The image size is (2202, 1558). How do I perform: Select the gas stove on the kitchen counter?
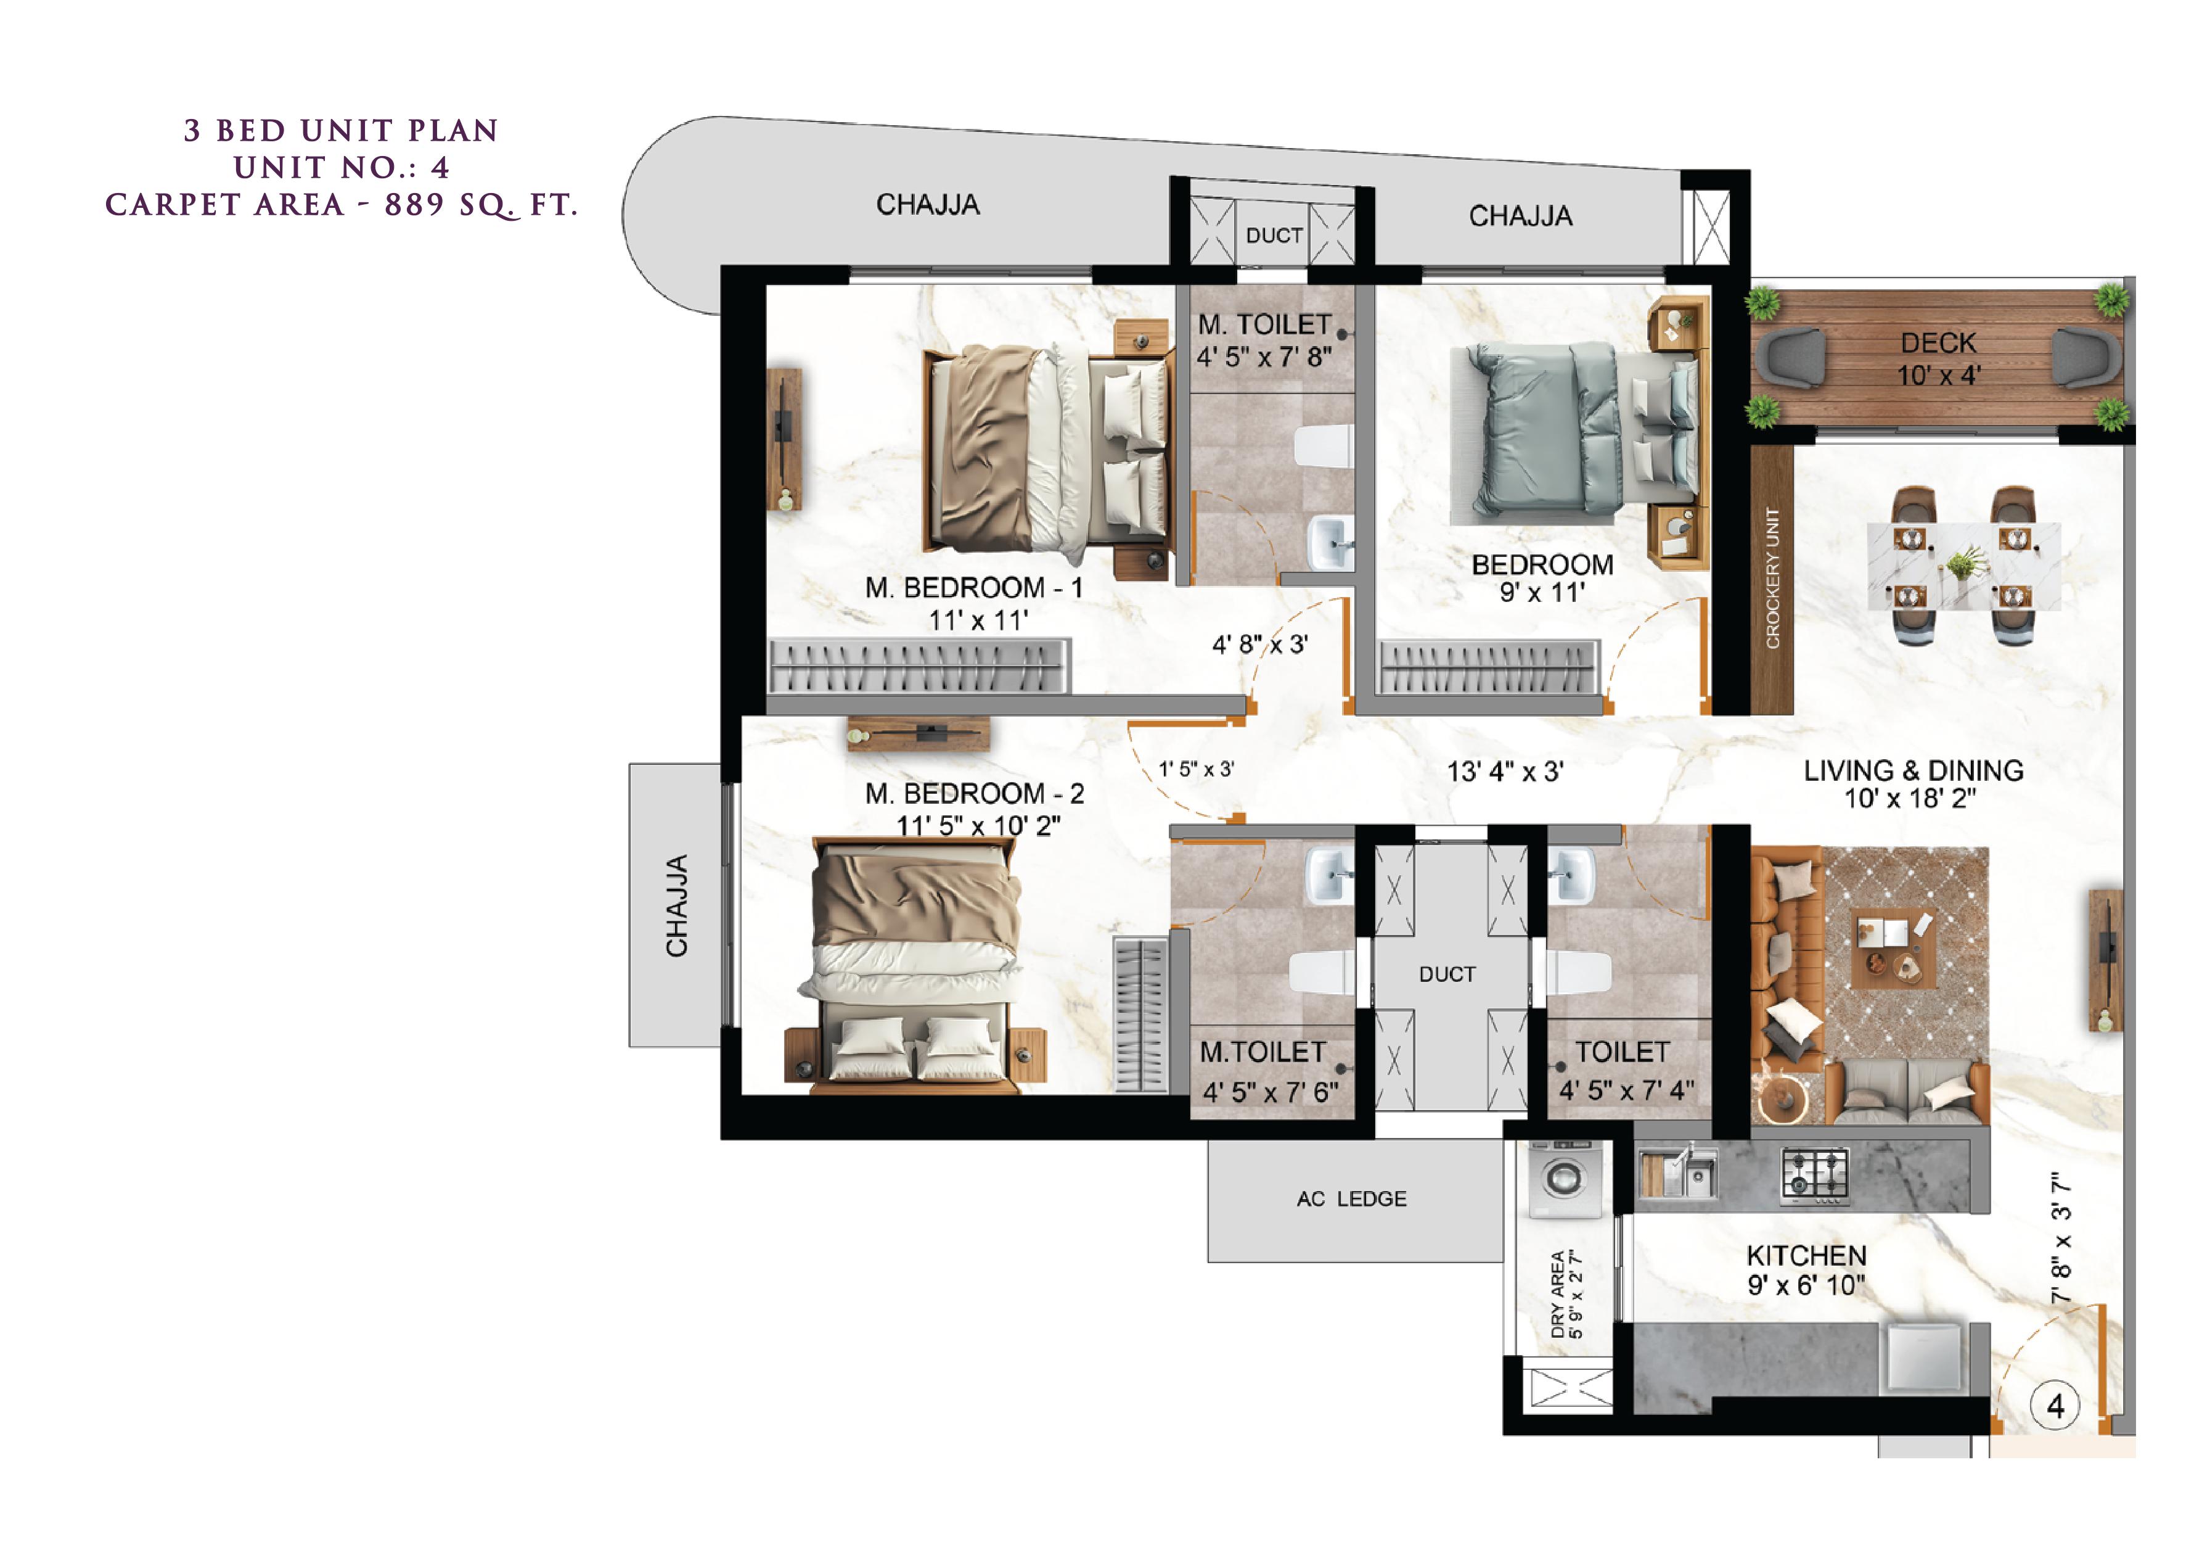click(x=1814, y=1175)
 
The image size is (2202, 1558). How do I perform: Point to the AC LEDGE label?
click(x=1351, y=1199)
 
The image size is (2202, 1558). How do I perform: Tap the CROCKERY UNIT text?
click(x=1772, y=579)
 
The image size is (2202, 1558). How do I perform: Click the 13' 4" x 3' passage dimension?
click(x=1505, y=772)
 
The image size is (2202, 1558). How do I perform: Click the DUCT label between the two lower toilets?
click(x=1447, y=975)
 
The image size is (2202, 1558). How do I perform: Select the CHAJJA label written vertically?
click(x=677, y=905)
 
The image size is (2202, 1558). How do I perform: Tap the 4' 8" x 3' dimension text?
click(x=1259, y=645)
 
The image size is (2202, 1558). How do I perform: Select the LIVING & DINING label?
click(x=1913, y=770)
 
